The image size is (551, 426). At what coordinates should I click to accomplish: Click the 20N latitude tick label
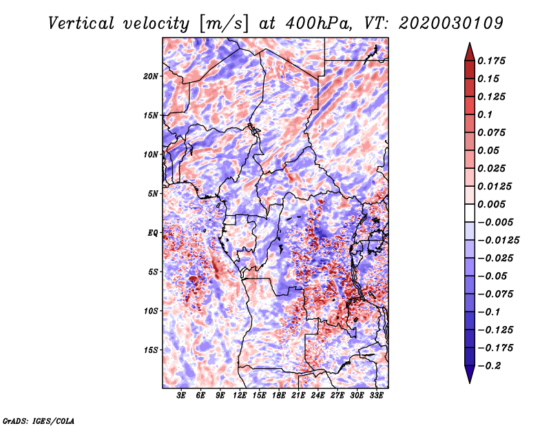[x=151, y=76]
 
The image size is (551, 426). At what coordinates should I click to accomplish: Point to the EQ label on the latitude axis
[x=153, y=233]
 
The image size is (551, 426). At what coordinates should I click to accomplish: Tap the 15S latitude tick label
[x=151, y=350]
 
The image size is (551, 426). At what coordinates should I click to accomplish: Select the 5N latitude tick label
[x=153, y=194]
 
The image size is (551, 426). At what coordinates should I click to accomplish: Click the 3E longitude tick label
[x=180, y=396]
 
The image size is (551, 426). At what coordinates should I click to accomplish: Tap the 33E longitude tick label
[x=376, y=396]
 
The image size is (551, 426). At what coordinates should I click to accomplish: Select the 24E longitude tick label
[x=318, y=396]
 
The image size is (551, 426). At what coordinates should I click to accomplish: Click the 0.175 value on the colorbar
[x=491, y=61]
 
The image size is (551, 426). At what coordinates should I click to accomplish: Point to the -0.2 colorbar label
[x=489, y=366]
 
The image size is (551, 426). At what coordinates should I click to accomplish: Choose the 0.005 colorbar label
[x=491, y=204]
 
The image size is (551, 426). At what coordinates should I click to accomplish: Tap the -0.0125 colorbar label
[x=498, y=241]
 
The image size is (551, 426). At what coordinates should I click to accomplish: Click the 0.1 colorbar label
[x=485, y=114]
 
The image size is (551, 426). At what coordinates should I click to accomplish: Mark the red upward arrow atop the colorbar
[x=470, y=52]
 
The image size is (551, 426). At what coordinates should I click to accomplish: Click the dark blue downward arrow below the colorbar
[x=470, y=374]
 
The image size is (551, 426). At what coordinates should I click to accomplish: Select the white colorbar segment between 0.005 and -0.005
[x=470, y=213]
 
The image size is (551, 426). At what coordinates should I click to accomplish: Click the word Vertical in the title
[x=81, y=23]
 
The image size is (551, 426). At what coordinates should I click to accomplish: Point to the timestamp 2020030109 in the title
[x=451, y=23]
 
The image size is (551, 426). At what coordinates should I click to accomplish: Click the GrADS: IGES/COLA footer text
[x=39, y=420]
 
